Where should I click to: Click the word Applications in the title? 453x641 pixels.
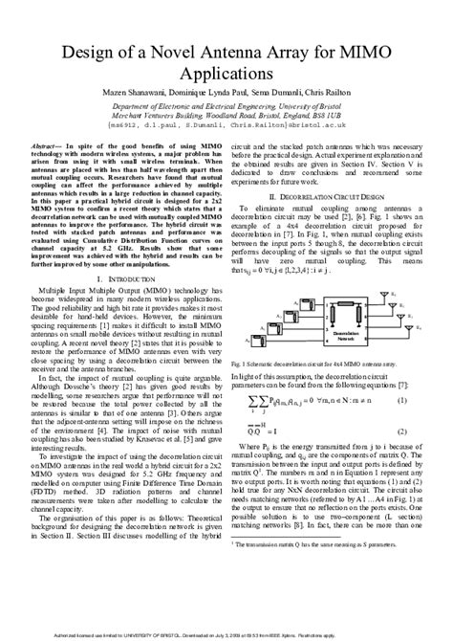pos(226,71)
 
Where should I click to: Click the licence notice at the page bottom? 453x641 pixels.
pos(226,633)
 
